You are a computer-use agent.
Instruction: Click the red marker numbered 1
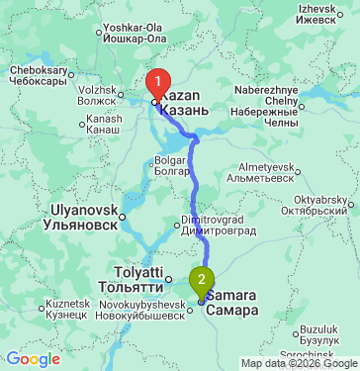tap(156, 82)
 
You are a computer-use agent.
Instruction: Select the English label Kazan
tap(181, 94)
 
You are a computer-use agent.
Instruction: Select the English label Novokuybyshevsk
tap(139, 304)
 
